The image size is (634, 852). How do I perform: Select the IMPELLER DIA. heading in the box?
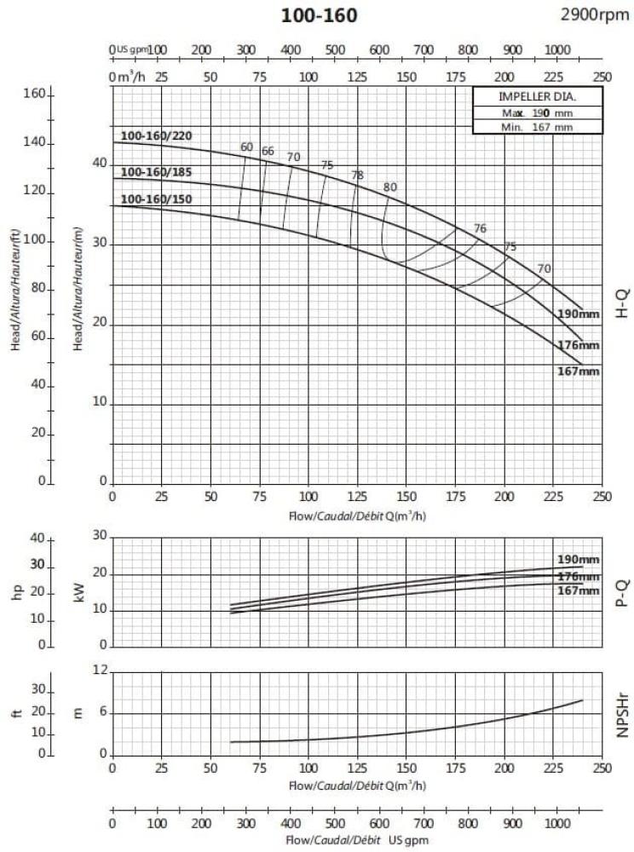coord(537,97)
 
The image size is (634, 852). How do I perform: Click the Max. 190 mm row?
coord(537,112)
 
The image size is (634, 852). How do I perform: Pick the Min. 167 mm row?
coord(537,127)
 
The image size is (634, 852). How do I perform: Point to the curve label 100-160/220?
coord(156,136)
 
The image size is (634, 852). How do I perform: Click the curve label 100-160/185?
coord(156,172)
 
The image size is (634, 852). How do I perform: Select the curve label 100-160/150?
coord(156,200)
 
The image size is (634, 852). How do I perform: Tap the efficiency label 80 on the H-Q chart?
coord(390,187)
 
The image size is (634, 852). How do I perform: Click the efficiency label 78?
coord(357,176)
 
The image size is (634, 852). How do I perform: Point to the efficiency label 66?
coord(268,152)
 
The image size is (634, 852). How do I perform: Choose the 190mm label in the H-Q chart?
coord(579,314)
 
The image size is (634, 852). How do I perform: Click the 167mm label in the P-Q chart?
coord(579,590)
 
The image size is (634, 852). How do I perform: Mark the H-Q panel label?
coord(621,302)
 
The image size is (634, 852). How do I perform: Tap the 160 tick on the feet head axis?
coord(32,94)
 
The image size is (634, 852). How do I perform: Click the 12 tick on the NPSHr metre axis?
coord(101,671)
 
